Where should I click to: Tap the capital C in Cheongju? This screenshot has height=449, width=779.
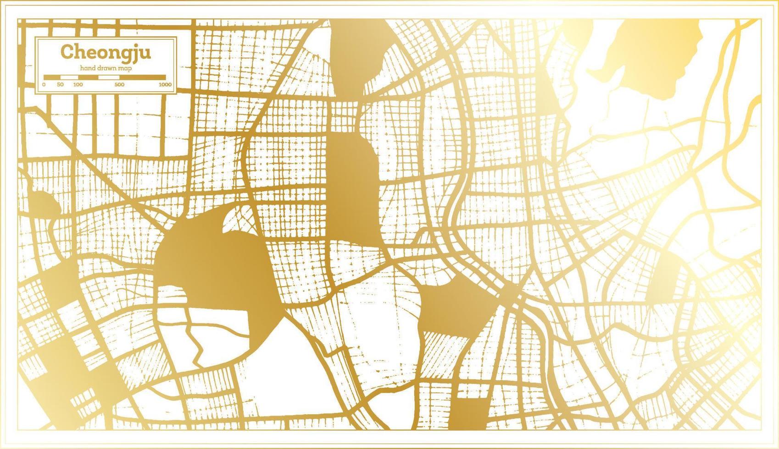click(67, 52)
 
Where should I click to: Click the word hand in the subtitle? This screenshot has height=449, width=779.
click(87, 68)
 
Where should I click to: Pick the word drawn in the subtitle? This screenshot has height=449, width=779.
click(106, 68)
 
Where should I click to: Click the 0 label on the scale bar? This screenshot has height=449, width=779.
click(44, 85)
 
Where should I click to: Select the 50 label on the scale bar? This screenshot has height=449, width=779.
click(60, 85)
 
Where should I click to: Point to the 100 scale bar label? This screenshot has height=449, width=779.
click(78, 85)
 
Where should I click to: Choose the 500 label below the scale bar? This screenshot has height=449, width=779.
click(119, 85)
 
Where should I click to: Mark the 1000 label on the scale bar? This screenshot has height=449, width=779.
click(165, 85)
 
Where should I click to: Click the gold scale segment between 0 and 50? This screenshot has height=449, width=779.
click(52, 77)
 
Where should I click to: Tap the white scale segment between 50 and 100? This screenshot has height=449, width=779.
click(69, 77)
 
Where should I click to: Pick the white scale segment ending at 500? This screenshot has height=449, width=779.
click(109, 77)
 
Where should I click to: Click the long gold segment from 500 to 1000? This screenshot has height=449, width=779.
click(142, 77)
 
